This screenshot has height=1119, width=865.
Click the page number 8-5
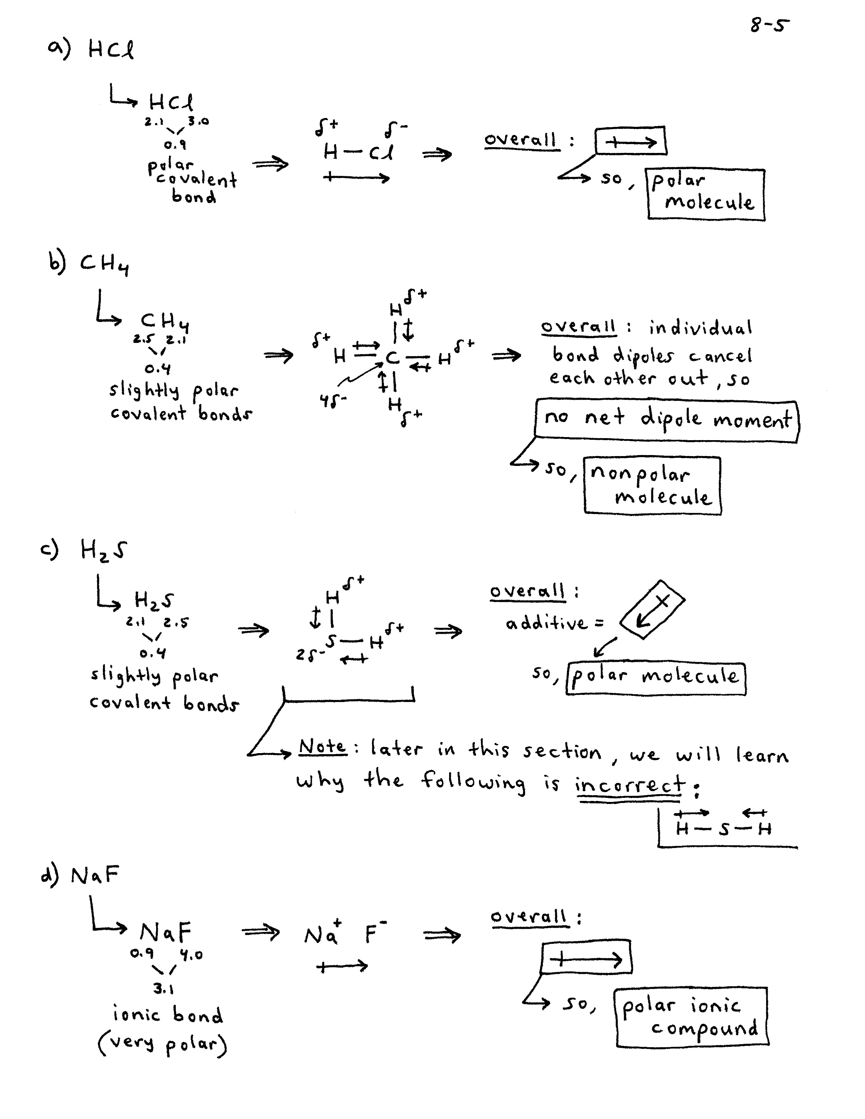coord(769,24)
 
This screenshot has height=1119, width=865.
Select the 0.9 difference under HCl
coord(175,145)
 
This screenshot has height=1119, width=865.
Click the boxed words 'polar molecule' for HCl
coord(706,194)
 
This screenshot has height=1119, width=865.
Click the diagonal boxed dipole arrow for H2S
coord(652,609)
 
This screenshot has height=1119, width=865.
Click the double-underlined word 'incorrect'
coord(629,784)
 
